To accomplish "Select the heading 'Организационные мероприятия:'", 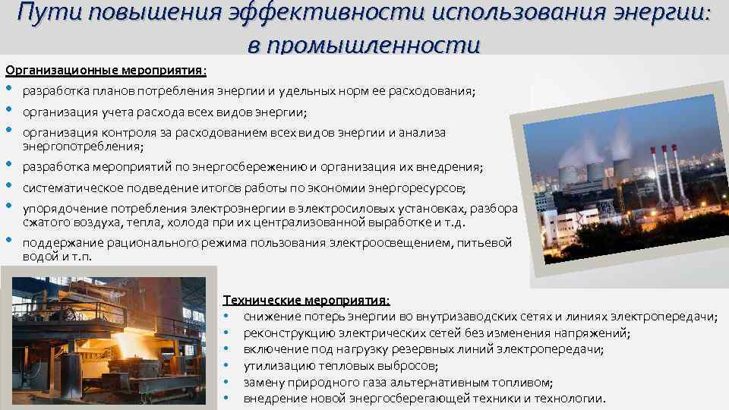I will [106, 71].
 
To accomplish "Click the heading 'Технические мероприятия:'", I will [306, 301].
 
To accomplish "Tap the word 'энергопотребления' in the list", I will [81, 146].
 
